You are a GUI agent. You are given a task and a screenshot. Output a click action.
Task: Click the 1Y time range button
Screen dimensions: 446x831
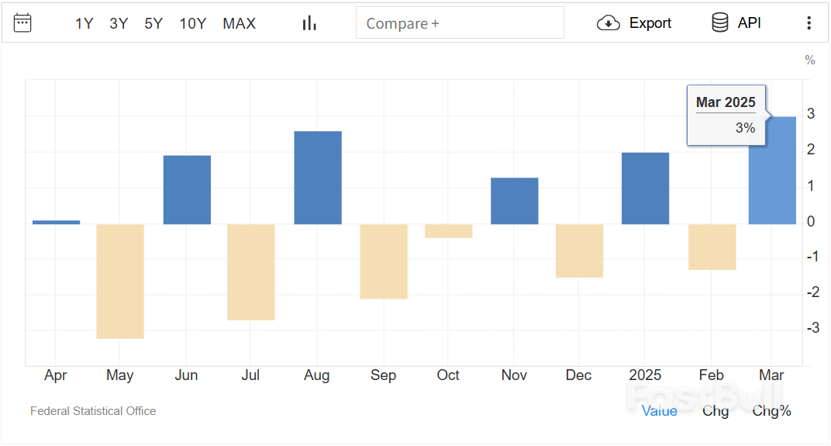(84, 23)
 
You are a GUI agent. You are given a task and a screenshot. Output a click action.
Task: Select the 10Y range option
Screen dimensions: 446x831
(192, 23)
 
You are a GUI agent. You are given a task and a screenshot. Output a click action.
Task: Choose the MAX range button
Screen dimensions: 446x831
(239, 23)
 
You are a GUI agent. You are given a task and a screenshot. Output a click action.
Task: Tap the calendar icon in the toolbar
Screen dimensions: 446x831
(22, 22)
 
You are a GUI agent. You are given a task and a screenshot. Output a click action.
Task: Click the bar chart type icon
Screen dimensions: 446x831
(309, 23)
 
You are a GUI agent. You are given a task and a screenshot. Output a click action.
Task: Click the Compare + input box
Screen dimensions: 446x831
(460, 23)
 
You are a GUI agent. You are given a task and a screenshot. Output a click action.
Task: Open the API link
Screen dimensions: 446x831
(736, 23)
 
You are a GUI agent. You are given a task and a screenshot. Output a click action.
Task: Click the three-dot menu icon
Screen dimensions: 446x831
(809, 23)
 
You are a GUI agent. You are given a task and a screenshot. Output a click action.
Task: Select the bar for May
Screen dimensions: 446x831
(120, 281)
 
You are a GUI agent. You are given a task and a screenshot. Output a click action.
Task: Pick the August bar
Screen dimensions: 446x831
(318, 178)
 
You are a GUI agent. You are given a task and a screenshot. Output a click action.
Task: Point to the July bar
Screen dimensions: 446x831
(251, 271)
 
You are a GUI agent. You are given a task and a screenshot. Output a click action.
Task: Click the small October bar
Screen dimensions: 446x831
(449, 231)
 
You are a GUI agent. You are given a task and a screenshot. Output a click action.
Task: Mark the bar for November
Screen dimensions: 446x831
(515, 201)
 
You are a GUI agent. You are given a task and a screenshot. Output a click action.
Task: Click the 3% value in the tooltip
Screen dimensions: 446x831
(745, 128)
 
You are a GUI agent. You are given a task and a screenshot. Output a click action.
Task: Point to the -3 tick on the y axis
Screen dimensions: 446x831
(811, 328)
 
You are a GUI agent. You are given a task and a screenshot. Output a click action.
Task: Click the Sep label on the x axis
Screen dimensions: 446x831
(383, 375)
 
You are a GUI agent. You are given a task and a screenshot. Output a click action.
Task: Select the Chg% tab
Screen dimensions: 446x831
(771, 411)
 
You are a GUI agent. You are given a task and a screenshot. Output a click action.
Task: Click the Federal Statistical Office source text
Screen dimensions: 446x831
(93, 411)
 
